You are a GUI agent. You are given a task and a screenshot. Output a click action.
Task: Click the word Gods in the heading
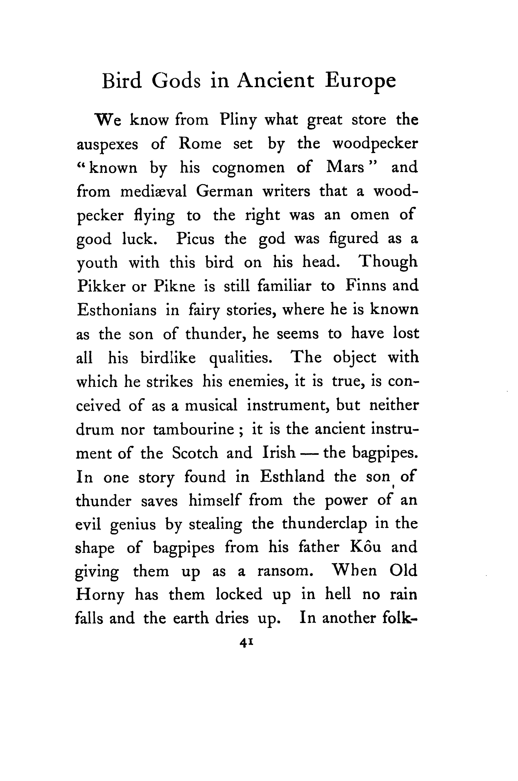[x=176, y=81]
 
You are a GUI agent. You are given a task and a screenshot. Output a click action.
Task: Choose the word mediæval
[x=153, y=192]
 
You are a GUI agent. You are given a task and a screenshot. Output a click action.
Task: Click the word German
[x=224, y=192]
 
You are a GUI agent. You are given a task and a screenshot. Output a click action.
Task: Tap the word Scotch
[x=195, y=453]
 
